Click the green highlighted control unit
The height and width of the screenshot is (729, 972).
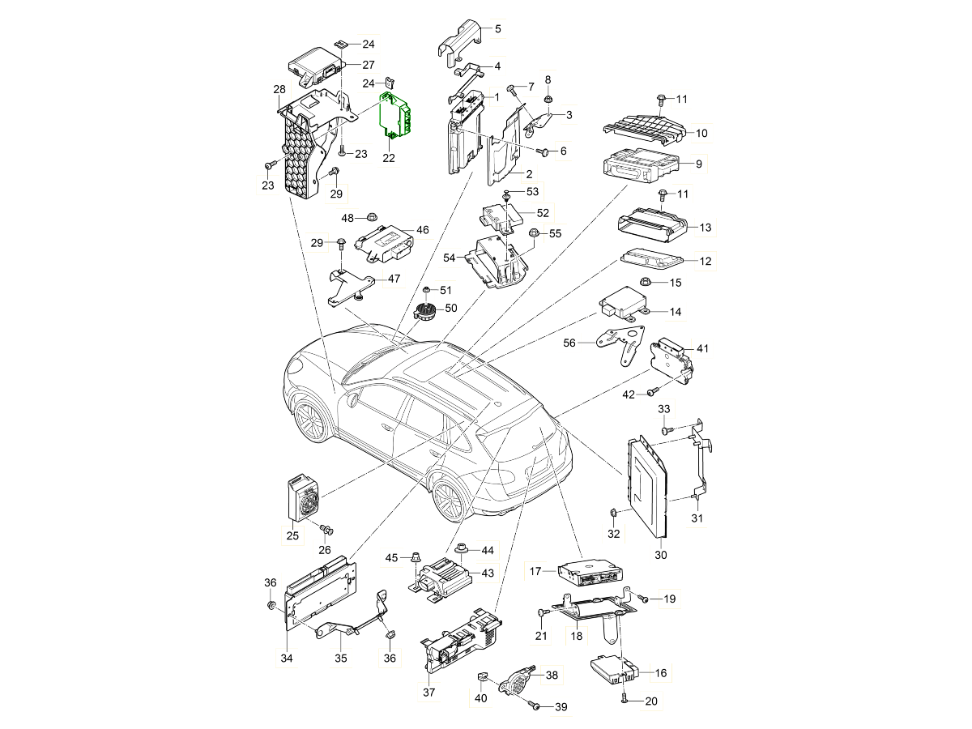tap(396, 116)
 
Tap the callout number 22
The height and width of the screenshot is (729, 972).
tap(389, 158)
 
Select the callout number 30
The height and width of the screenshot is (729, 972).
tap(661, 556)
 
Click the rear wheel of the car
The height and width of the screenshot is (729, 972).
tap(448, 501)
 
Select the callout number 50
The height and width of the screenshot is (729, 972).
tap(451, 308)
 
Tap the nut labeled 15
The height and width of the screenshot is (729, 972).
tap(646, 282)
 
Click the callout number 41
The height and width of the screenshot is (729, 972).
tap(702, 348)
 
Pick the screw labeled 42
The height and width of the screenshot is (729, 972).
tap(650, 393)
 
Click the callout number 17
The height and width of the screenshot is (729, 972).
tap(535, 571)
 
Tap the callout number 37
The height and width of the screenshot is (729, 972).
tap(428, 693)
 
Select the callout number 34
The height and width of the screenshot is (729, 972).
tap(287, 659)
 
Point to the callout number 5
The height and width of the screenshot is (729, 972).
tap(497, 28)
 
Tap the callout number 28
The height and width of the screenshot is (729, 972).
tap(279, 88)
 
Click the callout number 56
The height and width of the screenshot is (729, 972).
tap(569, 343)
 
